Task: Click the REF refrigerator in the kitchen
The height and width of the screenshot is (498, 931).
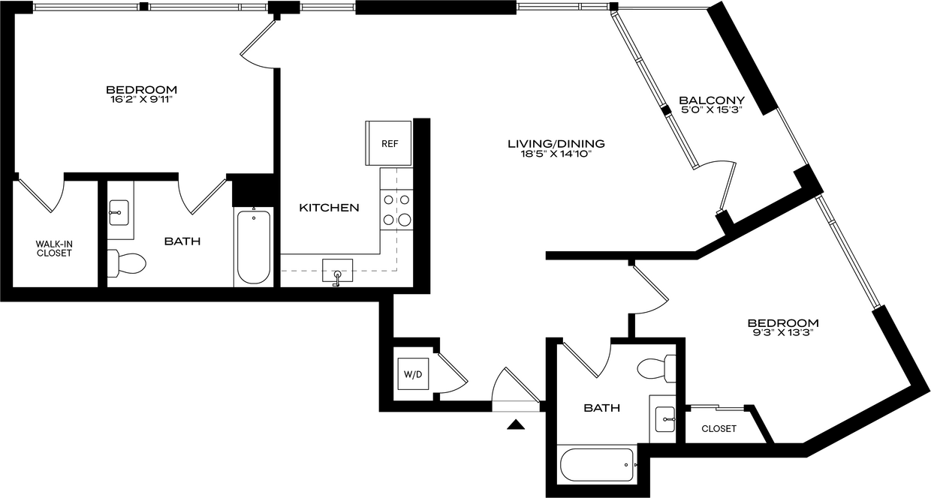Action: pyautogui.click(x=389, y=143)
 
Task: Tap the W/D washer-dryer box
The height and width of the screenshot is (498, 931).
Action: pyautogui.click(x=413, y=373)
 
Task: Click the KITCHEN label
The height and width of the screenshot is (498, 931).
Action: pyautogui.click(x=329, y=208)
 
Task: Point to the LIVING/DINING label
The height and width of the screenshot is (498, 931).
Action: pyautogui.click(x=556, y=144)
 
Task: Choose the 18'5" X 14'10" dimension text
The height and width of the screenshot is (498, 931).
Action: pyautogui.click(x=556, y=154)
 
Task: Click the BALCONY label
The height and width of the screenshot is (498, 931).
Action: pyautogui.click(x=712, y=100)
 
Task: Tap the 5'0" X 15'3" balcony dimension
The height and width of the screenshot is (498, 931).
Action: pyautogui.click(x=712, y=110)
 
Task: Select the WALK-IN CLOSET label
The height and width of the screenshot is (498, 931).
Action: pyautogui.click(x=54, y=248)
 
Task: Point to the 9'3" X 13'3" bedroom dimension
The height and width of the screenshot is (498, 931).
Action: pyautogui.click(x=783, y=333)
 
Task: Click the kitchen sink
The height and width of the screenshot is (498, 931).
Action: pyautogui.click(x=338, y=271)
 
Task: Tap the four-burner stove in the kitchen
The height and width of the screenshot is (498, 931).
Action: pyautogui.click(x=396, y=211)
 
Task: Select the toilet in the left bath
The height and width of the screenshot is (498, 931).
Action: pyautogui.click(x=127, y=263)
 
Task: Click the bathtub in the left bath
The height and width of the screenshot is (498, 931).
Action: pyautogui.click(x=254, y=247)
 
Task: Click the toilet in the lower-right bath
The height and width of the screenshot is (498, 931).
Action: pyautogui.click(x=657, y=368)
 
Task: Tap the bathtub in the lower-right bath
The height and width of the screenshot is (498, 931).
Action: pyautogui.click(x=597, y=465)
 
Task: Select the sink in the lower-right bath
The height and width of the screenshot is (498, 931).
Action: pyautogui.click(x=665, y=419)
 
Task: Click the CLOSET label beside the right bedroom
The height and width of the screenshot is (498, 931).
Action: pyautogui.click(x=719, y=429)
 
